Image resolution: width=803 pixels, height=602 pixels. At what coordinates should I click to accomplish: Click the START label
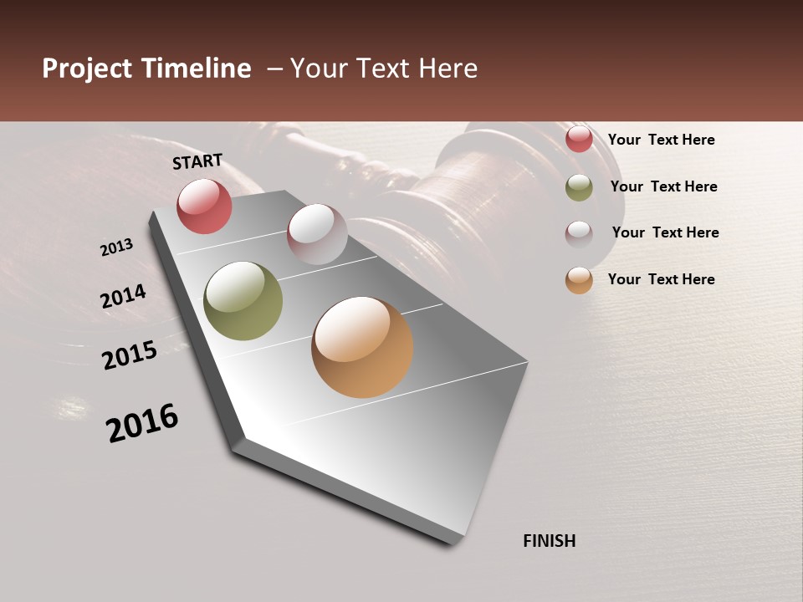(x=197, y=161)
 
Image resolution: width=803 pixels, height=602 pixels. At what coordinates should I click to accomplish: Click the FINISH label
(x=549, y=541)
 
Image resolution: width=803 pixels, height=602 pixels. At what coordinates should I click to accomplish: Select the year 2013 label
(x=116, y=247)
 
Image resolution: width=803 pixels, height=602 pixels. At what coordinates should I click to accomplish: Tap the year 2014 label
(x=123, y=296)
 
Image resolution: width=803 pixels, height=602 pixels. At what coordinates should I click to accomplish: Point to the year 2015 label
(x=130, y=355)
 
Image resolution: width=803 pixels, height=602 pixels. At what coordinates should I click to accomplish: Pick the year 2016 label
(x=142, y=423)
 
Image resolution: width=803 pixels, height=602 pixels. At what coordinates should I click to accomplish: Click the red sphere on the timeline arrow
(x=204, y=206)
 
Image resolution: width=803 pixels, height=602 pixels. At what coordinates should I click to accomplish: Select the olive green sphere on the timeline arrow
(x=243, y=301)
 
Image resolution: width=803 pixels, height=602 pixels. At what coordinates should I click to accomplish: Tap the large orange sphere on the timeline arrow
(x=362, y=347)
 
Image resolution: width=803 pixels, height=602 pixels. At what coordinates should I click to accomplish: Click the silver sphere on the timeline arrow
(x=317, y=234)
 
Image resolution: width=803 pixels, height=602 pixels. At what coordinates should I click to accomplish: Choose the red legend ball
(x=579, y=140)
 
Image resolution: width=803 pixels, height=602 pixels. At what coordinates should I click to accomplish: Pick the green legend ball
(x=579, y=187)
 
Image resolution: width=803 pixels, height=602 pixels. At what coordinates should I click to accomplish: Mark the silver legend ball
(x=579, y=233)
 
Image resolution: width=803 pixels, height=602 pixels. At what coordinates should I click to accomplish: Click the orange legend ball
(x=579, y=280)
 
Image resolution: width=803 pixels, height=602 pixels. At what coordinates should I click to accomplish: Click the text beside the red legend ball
(x=661, y=140)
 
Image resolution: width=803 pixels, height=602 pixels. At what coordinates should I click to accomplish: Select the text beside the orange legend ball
(x=661, y=279)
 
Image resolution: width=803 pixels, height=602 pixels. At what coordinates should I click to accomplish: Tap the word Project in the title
(x=86, y=69)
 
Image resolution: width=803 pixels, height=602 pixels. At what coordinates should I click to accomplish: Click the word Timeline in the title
(x=195, y=69)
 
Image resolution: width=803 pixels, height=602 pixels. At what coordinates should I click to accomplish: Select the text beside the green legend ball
(x=663, y=186)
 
